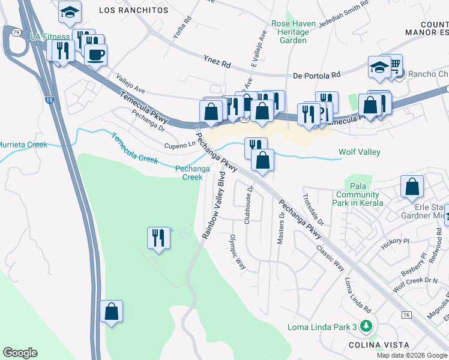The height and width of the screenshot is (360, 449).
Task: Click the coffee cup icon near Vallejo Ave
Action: pos(95,55)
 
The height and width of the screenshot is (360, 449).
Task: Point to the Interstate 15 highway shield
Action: pos(52,103)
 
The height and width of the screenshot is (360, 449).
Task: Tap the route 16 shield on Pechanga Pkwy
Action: pos(406,314)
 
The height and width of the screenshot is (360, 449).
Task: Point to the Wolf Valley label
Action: pos(359,152)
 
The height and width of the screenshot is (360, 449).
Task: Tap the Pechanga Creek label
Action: pos(192,173)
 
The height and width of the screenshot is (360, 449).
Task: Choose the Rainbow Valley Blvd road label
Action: pos(213,205)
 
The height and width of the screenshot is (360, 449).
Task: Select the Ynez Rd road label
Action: pos(217,61)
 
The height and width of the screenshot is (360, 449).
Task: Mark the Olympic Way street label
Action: pos(238,251)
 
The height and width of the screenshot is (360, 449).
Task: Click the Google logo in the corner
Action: pos(20,353)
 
